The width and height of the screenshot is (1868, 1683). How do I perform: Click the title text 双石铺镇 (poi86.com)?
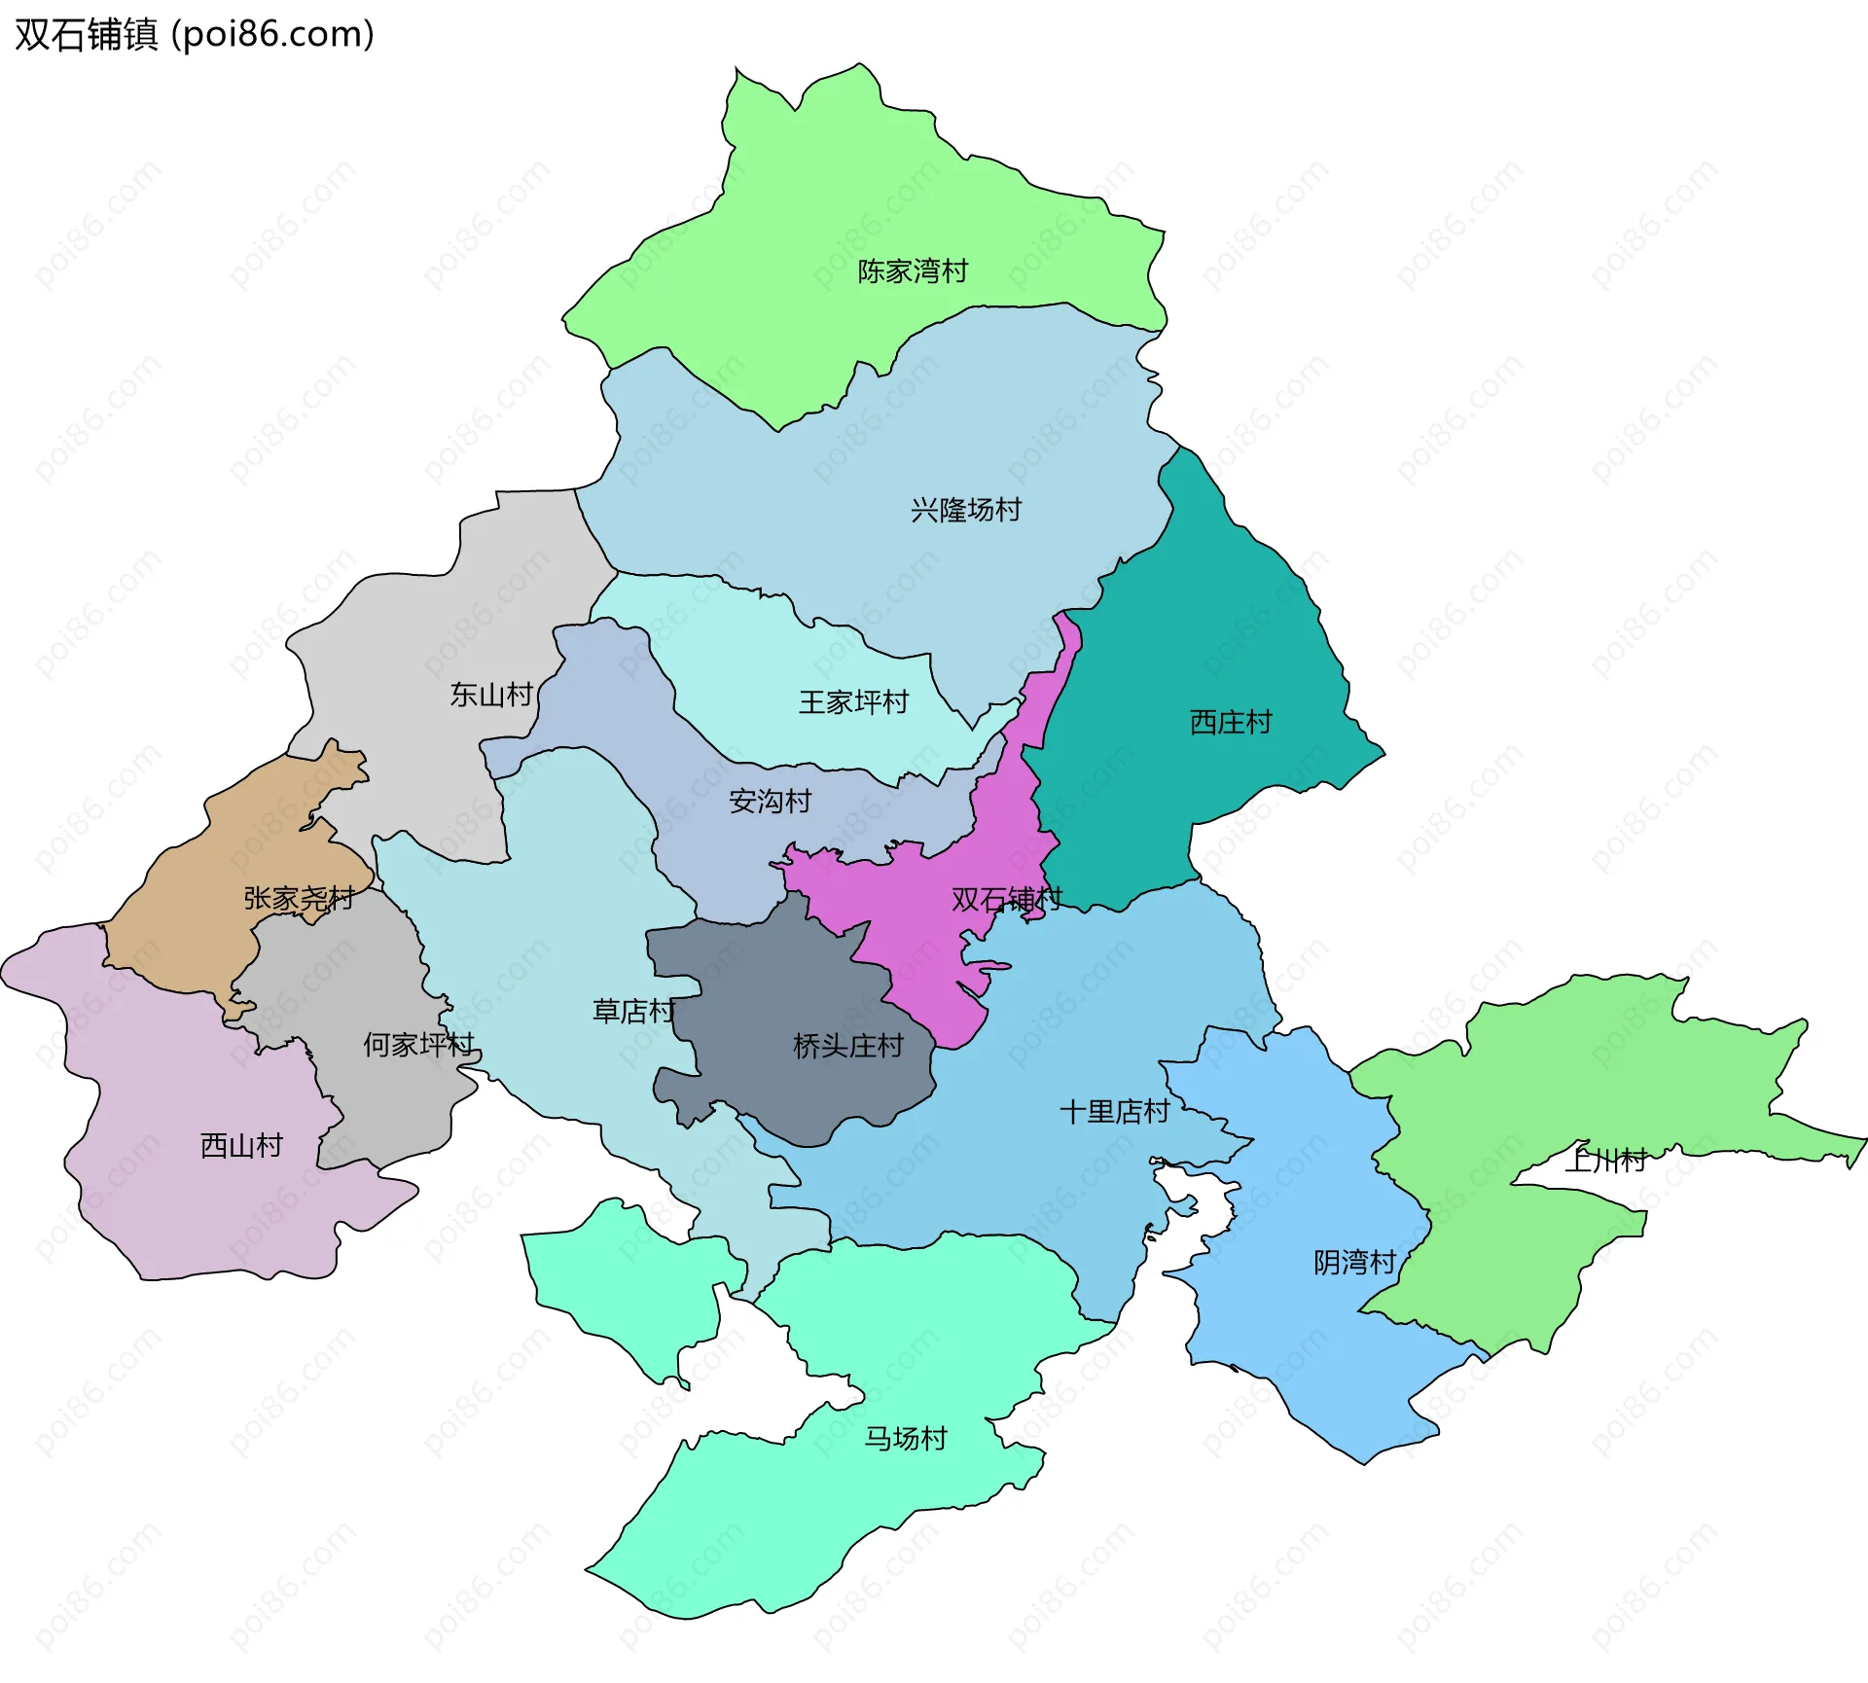click(x=195, y=35)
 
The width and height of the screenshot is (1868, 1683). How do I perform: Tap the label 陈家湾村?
click(x=913, y=271)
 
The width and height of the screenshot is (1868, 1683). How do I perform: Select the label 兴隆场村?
click(x=966, y=510)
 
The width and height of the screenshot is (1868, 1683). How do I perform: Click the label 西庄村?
click(x=1231, y=722)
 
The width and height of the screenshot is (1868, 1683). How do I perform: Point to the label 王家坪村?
click(x=853, y=702)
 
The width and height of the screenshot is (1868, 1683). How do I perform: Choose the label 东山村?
click(x=491, y=695)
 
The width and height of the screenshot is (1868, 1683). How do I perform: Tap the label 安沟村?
click(x=770, y=802)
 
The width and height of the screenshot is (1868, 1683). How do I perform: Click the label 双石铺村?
click(x=1007, y=899)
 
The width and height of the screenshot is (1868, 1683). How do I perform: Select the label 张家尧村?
click(x=299, y=898)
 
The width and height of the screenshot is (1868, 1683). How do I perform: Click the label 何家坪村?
click(x=418, y=1045)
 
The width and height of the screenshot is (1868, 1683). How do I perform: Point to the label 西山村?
click(x=241, y=1146)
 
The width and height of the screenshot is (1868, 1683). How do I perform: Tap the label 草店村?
click(x=633, y=1012)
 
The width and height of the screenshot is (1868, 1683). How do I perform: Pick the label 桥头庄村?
click(x=848, y=1046)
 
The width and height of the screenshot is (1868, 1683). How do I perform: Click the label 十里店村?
click(x=1114, y=1111)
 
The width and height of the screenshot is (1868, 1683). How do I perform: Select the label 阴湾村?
click(x=1354, y=1263)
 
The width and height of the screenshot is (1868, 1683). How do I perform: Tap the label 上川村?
click(x=1605, y=1160)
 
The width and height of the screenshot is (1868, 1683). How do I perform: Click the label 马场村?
click(x=906, y=1438)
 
